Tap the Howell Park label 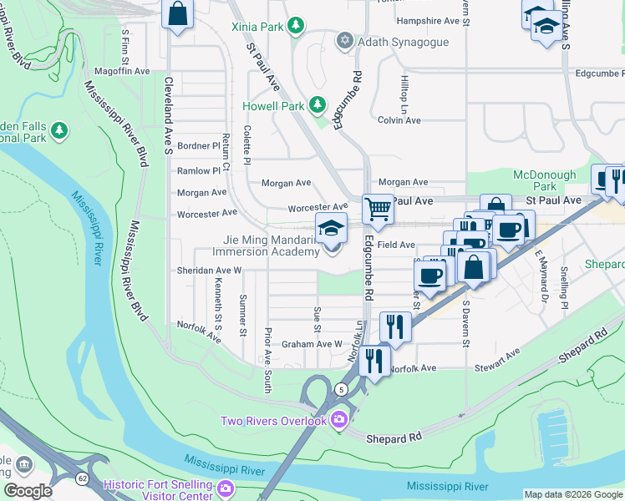point(273,106)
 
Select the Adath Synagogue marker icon point(343,41)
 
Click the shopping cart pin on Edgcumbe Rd point(378,209)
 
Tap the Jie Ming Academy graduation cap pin point(331,228)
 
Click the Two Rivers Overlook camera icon point(339,420)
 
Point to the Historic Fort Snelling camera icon point(225,487)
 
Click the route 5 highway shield point(341,389)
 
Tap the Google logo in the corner point(28,491)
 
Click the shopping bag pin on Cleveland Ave point(177,13)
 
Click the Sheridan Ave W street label point(209,271)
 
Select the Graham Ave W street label point(312,344)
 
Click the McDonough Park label point(545,180)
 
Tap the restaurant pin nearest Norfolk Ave point(373,361)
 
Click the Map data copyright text point(573,494)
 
